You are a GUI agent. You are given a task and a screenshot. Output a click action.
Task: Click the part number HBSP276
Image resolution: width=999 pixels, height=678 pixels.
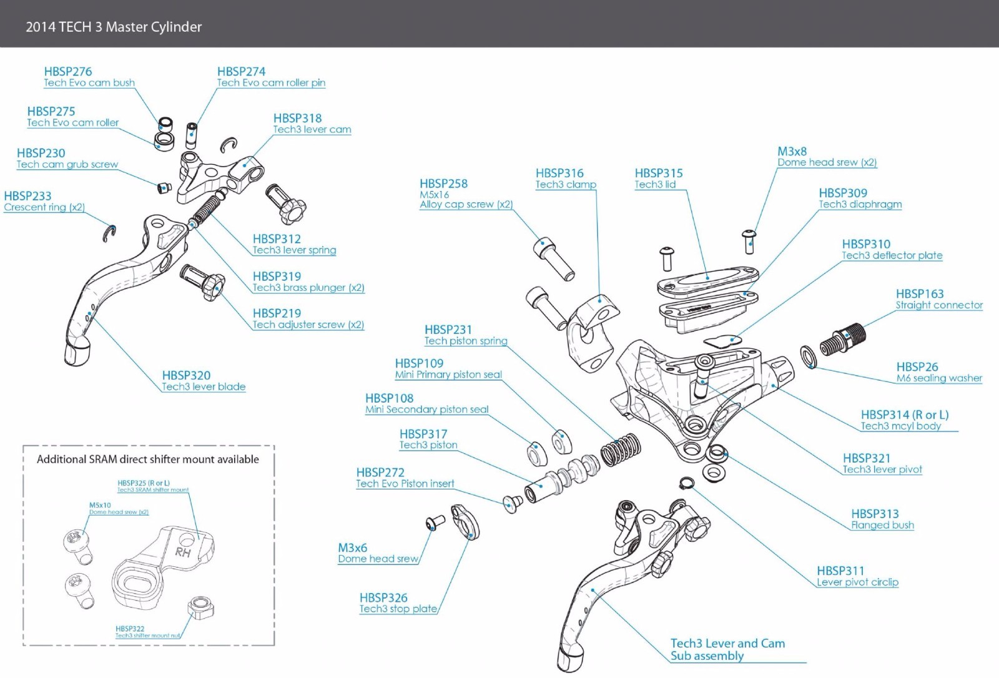pyautogui.click(x=68, y=72)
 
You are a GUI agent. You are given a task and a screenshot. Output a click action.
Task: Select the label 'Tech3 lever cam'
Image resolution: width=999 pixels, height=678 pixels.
pyautogui.click(x=312, y=130)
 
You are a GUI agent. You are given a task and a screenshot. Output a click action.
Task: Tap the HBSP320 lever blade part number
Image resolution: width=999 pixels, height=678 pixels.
pyautogui.click(x=186, y=375)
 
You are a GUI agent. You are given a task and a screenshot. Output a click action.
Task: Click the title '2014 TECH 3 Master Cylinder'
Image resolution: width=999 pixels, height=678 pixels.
pyautogui.click(x=114, y=27)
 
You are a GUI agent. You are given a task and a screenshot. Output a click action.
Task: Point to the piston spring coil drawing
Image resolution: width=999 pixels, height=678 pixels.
pyautogui.click(x=620, y=448)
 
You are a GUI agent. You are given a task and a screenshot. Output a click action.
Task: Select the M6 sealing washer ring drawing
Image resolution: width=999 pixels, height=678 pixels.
pyautogui.click(x=809, y=356)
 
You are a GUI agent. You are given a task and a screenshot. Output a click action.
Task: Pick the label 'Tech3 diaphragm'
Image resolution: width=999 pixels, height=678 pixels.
pyautogui.click(x=860, y=205)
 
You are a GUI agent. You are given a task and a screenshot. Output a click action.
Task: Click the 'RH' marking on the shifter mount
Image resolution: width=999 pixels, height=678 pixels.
pyautogui.click(x=183, y=552)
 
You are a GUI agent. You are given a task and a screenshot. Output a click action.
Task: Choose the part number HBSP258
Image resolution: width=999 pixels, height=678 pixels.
pyautogui.click(x=443, y=184)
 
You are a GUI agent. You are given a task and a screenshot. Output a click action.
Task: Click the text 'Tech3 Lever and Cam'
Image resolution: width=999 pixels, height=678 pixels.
pyautogui.click(x=727, y=643)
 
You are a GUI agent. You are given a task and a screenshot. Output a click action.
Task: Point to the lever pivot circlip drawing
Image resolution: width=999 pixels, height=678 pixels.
pyautogui.click(x=686, y=483)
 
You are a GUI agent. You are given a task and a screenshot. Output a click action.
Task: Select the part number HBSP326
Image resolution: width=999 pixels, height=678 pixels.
pyautogui.click(x=383, y=597)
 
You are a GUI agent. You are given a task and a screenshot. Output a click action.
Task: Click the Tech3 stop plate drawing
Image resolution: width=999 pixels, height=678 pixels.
pyautogui.click(x=466, y=522)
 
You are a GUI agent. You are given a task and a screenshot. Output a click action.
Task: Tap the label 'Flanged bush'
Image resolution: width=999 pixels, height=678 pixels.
pyautogui.click(x=882, y=526)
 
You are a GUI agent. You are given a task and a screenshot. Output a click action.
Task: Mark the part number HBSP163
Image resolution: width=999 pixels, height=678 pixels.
pyautogui.click(x=920, y=294)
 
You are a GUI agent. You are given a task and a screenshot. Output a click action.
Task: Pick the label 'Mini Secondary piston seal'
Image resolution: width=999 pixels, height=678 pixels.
pyautogui.click(x=427, y=410)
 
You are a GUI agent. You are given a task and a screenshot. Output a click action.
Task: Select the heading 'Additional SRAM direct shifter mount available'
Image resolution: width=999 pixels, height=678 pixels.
pyautogui.click(x=148, y=459)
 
